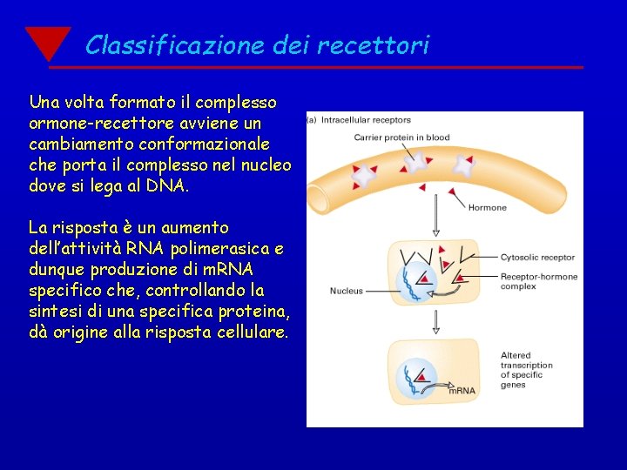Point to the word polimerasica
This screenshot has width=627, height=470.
(x=230, y=249)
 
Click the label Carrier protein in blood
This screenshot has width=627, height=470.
(x=401, y=137)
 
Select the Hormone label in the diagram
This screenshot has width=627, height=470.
(x=487, y=208)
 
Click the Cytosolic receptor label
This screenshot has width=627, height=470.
(x=537, y=258)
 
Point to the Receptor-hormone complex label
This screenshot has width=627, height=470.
(x=538, y=281)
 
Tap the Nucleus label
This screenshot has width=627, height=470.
(x=347, y=291)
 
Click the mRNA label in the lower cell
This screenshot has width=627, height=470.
(x=462, y=391)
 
